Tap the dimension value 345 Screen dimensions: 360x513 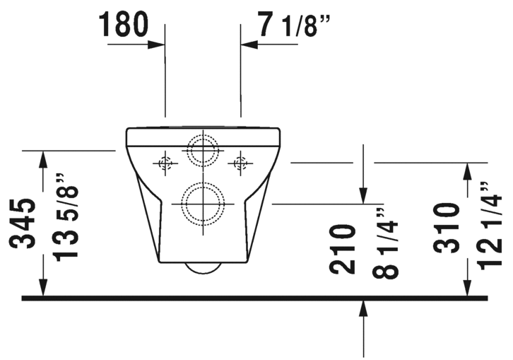click(25, 223)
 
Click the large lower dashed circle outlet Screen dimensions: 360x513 click(204, 204)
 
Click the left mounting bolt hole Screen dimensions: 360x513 click(166, 163)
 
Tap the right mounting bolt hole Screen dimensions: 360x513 click(240, 163)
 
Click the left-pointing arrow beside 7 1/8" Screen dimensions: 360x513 click(249, 44)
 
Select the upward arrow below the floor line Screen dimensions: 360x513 click(364, 308)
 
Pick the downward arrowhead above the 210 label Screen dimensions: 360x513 click(364, 194)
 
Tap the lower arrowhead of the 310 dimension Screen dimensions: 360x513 click(467, 287)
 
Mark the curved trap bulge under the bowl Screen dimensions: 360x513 click(203, 268)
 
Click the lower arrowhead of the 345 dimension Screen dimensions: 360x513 click(44, 287)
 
